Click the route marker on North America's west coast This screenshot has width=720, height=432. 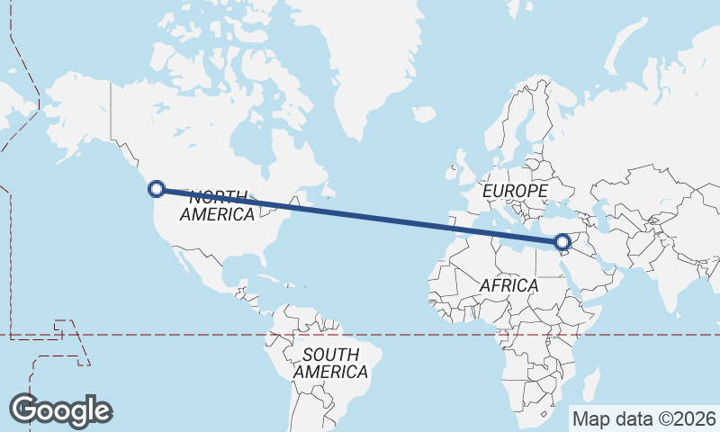[x=157, y=189]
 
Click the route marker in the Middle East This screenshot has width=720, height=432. [x=562, y=242]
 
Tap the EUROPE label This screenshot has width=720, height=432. [x=515, y=192]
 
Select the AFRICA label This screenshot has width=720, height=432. [x=508, y=285]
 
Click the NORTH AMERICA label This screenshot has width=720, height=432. [x=218, y=206]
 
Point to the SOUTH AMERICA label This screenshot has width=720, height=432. [x=330, y=363]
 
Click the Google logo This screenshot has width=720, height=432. [x=60, y=409]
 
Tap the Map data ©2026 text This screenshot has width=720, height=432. [x=643, y=418]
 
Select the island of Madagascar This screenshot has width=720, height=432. [x=590, y=384]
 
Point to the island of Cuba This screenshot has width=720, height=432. [x=255, y=271]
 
